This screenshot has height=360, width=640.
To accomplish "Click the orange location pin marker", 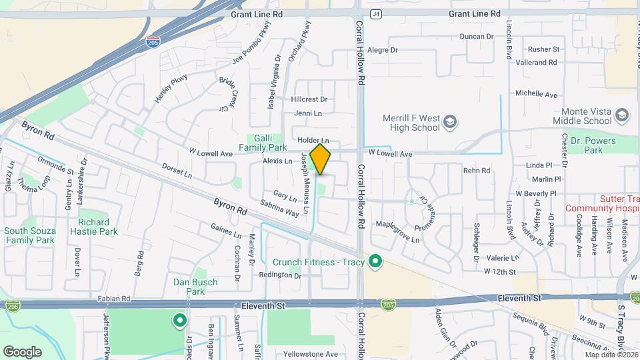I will click(320, 158).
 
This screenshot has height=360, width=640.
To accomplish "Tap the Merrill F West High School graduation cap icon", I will click(450, 121).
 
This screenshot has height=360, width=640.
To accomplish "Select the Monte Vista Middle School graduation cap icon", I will click(621, 116).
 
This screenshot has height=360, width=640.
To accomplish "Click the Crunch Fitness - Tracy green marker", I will click(375, 262).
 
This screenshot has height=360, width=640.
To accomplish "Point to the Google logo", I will click(22, 351).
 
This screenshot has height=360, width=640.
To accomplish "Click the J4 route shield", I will click(377, 13).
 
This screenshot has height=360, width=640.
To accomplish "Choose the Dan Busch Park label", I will click(195, 287).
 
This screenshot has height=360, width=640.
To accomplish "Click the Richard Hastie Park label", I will click(97, 227).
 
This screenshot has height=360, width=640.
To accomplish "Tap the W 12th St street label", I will click(501, 272).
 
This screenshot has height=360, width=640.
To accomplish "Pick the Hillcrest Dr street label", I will click(309, 99).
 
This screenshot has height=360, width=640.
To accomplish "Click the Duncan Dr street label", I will click(477, 37).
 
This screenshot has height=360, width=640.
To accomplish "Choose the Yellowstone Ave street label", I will click(307, 354).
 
